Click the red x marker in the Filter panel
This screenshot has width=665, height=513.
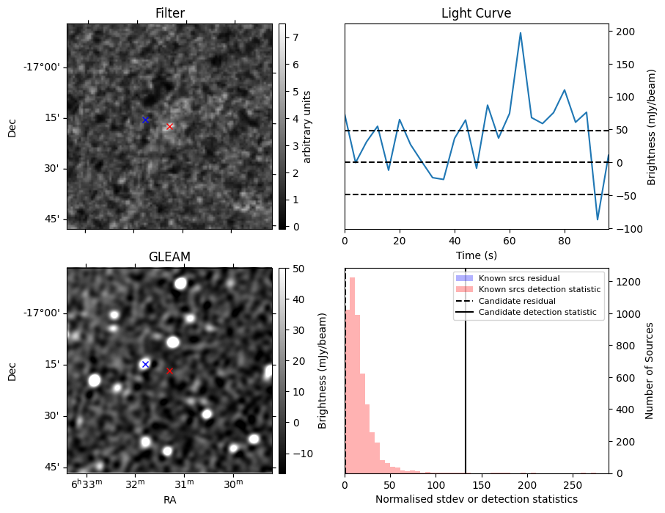(169, 126)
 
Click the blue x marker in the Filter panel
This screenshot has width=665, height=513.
(145, 120)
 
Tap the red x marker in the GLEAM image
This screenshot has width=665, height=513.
(169, 371)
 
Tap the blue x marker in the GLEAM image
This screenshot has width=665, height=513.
(145, 364)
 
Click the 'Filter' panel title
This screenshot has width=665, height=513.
(169, 14)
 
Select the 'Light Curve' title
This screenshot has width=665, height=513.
(476, 14)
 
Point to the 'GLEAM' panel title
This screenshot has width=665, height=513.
(169, 257)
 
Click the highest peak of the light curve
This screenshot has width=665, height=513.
(521, 33)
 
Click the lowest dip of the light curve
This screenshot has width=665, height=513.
(598, 219)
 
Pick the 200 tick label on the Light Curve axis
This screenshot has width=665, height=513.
(625, 32)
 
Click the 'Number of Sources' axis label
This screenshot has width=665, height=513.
(650, 371)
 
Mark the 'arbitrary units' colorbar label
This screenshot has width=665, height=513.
(308, 126)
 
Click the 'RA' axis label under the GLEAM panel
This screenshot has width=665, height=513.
(169, 500)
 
